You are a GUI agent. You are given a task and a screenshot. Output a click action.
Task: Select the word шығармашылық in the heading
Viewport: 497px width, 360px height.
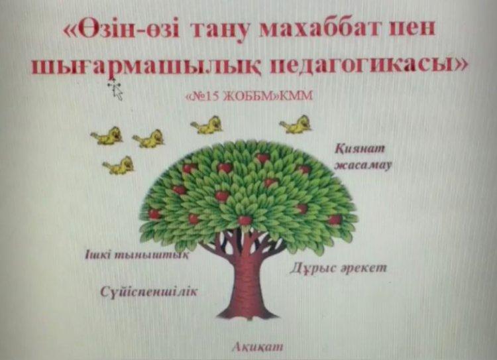[x=146, y=66]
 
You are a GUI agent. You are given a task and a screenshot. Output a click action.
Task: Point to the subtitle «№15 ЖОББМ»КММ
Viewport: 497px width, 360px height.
[x=248, y=95]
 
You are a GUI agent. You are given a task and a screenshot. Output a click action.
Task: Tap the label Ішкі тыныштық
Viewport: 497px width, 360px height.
[x=137, y=255]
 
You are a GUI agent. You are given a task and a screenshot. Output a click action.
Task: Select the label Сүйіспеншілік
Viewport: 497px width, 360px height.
[x=148, y=292]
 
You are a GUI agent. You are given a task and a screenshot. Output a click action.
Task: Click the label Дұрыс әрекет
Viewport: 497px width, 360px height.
[x=338, y=269]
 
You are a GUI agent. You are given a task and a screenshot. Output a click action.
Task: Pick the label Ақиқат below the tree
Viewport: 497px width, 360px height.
[x=257, y=347]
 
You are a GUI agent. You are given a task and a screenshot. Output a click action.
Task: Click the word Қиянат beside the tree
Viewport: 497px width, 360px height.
[x=360, y=149]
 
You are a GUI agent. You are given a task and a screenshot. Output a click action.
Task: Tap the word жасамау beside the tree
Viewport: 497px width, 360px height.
[x=363, y=166]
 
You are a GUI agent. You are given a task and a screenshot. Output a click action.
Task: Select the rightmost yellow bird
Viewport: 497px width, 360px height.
[x=296, y=125]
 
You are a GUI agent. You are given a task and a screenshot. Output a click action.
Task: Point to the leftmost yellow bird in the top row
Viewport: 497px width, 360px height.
[x=107, y=136]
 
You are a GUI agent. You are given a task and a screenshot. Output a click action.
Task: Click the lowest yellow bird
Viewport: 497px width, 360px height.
[x=118, y=165]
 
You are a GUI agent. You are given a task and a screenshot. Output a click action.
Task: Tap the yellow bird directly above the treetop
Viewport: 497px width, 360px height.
[x=207, y=125]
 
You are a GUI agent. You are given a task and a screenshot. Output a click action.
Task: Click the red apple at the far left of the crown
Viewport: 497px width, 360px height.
[x=154, y=214]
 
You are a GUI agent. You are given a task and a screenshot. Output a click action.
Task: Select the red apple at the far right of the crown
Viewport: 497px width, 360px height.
[x=335, y=219]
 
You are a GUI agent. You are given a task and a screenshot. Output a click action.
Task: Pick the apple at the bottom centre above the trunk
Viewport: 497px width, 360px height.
[x=245, y=220]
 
